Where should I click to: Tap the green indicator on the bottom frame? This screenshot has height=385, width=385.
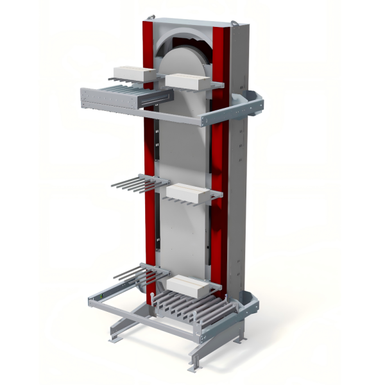99,296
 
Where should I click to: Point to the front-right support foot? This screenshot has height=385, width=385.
193,368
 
